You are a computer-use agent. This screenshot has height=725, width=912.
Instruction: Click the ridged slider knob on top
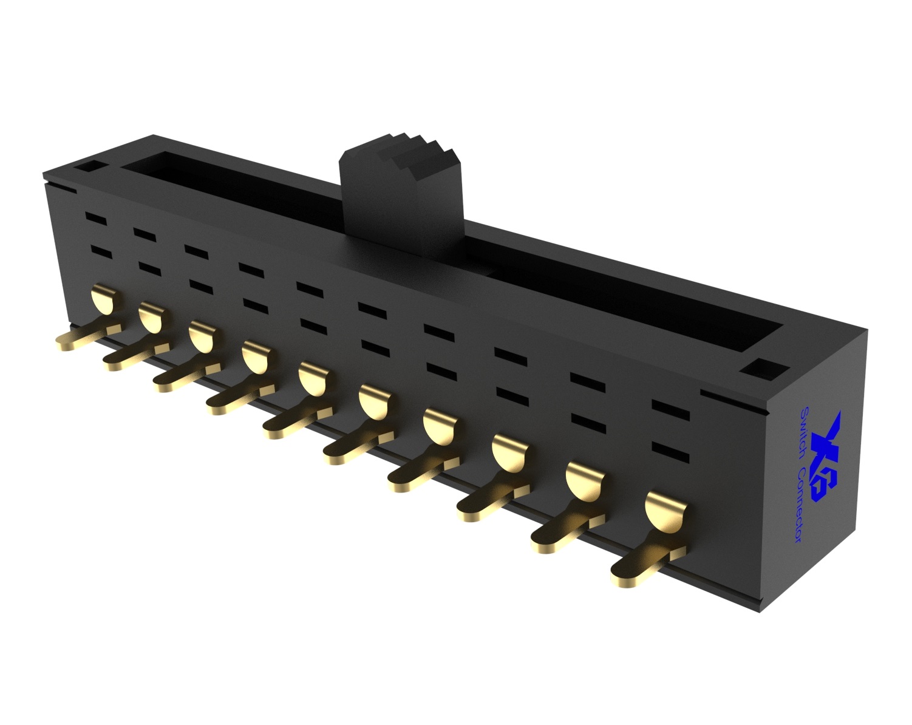[401, 188]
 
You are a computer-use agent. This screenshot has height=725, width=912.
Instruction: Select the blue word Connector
[801, 503]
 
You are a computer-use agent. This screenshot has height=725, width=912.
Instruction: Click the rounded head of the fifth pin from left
[314, 377]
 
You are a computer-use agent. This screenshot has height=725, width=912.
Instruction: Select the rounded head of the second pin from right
[585, 479]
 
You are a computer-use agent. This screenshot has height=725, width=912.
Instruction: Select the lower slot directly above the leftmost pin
[101, 250]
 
